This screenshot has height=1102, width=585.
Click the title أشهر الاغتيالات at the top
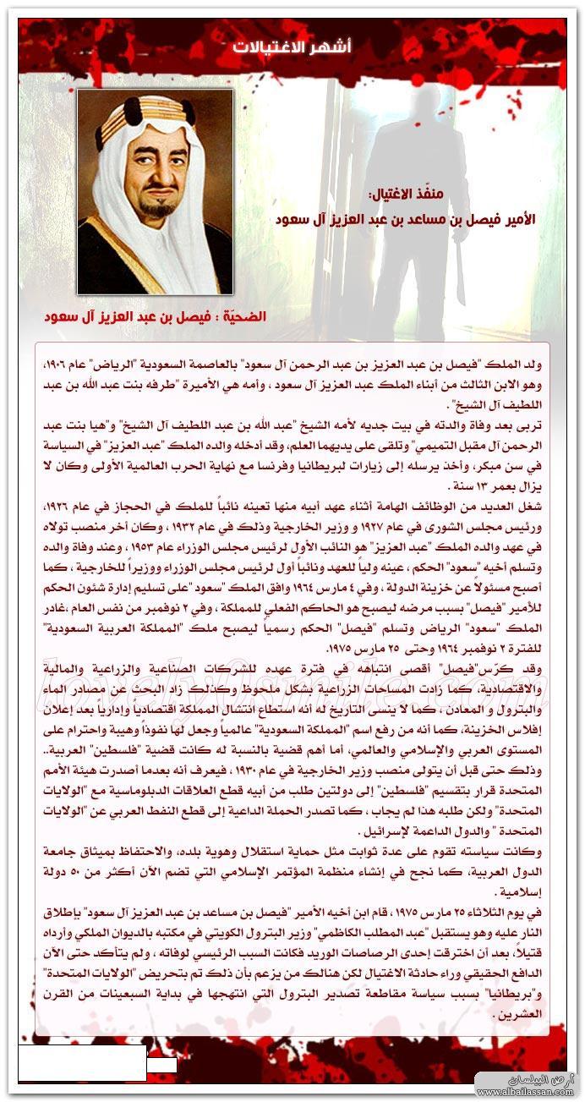coord(292,47)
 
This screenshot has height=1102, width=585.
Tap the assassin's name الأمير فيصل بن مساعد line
coord(406,219)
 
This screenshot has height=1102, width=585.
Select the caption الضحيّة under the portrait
coord(156,317)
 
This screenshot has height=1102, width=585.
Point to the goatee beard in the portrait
coord(157,208)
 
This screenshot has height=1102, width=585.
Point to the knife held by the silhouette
coord(460,279)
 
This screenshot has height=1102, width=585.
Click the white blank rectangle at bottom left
coord(82,1063)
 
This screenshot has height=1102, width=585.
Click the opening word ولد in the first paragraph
coord(532,363)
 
